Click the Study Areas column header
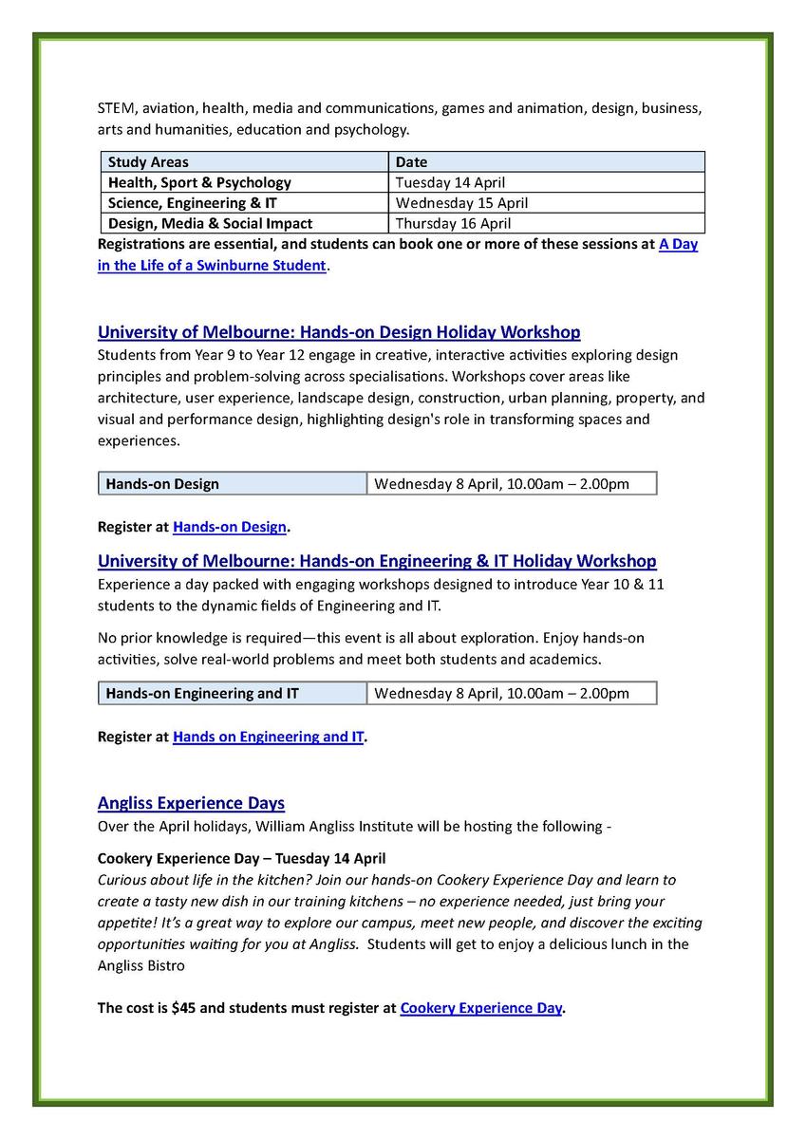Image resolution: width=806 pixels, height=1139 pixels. [x=148, y=162]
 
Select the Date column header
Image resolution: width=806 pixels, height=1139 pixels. [x=411, y=162]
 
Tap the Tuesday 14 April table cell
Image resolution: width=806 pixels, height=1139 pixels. [x=450, y=182]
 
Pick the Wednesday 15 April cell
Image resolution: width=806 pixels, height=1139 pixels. [x=461, y=203]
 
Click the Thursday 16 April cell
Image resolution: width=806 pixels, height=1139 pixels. [x=453, y=224]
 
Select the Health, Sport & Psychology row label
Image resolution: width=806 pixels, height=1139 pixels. [x=199, y=182]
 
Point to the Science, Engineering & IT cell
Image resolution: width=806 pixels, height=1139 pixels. [x=193, y=203]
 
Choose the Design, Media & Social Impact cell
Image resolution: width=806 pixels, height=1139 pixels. [x=210, y=224]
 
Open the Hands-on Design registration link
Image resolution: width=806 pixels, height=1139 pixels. [x=230, y=526]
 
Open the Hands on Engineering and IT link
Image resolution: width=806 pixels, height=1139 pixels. [x=269, y=736]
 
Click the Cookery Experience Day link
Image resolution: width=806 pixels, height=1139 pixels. [x=481, y=1008]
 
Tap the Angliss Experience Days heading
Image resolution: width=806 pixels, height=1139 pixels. [x=191, y=803]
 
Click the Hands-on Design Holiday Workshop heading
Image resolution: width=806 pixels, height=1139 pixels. [x=339, y=332]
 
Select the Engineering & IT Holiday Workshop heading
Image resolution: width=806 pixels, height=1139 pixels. [x=377, y=561]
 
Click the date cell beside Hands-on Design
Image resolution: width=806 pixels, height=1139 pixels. [x=501, y=484]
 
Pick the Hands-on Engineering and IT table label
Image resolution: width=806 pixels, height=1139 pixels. [x=202, y=694]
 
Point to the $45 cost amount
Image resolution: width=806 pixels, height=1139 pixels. [x=183, y=1008]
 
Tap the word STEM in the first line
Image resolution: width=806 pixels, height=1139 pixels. [x=116, y=108]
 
